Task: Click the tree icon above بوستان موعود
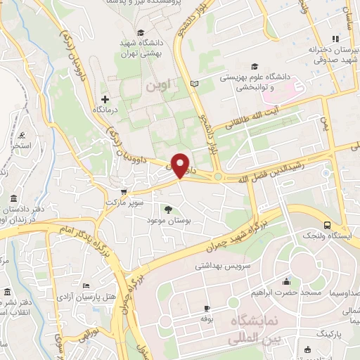pos(167,210)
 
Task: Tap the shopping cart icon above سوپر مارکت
pos(124,191)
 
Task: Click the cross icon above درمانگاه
pos(105,99)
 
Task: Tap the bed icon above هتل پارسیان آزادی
pos(85,285)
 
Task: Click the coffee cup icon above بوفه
pos(207,309)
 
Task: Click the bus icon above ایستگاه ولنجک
pos(328,225)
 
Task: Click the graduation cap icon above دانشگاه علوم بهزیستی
pos(252,67)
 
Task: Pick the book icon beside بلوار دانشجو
pos(195,84)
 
